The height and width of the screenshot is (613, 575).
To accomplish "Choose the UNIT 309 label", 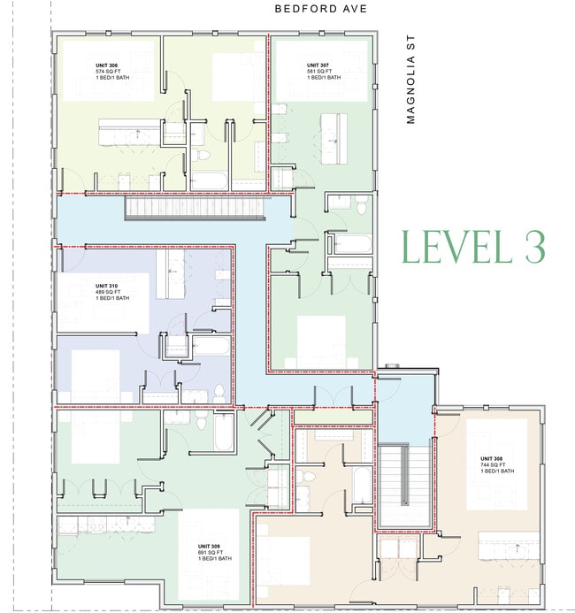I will point(211,547).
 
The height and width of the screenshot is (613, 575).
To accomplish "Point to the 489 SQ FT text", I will point(110,293).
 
